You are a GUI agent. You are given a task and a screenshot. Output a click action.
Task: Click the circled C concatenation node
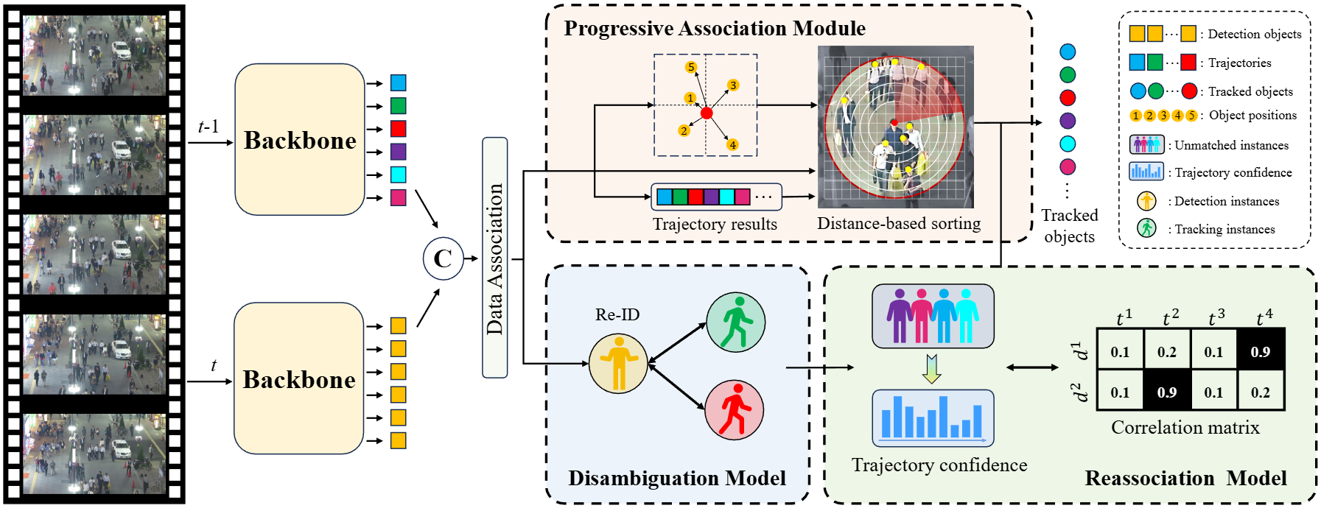pos(443,258)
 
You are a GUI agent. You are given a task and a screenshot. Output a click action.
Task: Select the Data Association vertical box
pos(495,258)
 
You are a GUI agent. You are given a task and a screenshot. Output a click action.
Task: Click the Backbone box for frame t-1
pos(300,140)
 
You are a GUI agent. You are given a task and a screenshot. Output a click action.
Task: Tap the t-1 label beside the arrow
pos(209,127)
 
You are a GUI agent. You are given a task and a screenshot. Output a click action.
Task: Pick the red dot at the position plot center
pos(707,113)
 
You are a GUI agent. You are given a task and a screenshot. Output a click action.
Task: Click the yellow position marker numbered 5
pos(690,67)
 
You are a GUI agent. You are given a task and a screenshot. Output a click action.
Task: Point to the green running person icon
pos(736,322)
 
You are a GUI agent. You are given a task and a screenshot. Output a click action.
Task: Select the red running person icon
pos(735,409)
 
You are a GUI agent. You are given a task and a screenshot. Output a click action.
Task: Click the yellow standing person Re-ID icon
pos(618,363)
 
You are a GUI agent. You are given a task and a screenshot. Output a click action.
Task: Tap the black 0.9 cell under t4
pos(1261,351)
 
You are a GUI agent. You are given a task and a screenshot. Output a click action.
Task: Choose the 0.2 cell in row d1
pos(1167,351)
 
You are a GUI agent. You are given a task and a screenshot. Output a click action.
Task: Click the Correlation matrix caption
pos(1185,428)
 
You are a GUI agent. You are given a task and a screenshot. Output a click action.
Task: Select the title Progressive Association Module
pos(715,29)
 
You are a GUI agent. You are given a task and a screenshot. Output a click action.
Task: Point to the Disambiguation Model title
pos(676,479)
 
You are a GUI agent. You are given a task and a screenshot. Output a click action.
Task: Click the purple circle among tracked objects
pos(1068,121)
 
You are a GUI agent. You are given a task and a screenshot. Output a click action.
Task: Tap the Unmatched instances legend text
pos(1231,145)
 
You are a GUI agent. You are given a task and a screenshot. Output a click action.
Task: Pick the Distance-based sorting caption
pos(899,224)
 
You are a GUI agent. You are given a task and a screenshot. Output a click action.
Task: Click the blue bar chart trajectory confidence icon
pos(933,418)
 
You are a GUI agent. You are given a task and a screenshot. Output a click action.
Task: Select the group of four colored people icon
pos(933,316)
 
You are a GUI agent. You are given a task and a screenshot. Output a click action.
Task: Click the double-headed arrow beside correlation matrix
pos(1032,367)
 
